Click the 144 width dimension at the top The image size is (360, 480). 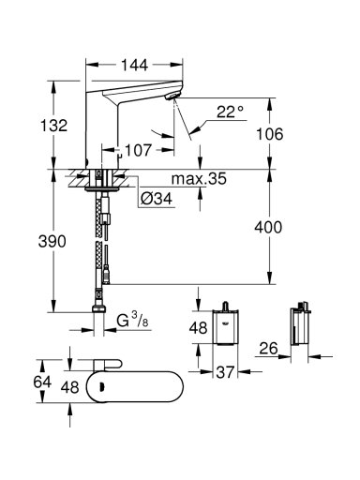click(134, 66)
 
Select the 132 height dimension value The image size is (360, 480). click(53, 126)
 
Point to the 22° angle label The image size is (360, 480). click(231, 112)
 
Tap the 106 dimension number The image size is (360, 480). click(269, 134)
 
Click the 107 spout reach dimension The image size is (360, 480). click(138, 150)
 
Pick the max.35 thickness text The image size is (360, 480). click(199, 179)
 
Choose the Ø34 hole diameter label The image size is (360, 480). click(157, 198)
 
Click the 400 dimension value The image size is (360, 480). click(268, 227)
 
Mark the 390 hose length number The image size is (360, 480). click(52, 242)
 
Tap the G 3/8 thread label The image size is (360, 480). click(132, 320)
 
